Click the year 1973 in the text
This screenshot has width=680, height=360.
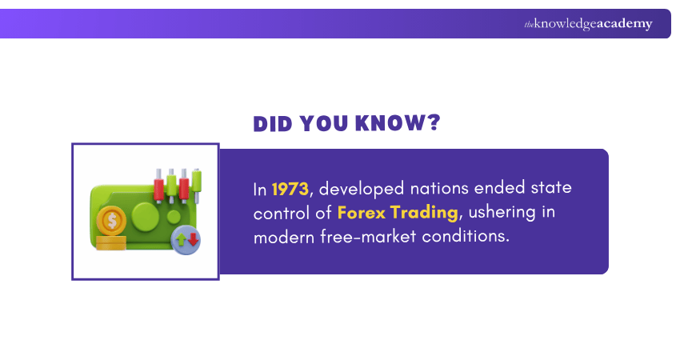coord(290,190)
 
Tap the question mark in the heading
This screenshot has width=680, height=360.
coord(433,124)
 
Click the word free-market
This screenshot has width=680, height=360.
coord(384,238)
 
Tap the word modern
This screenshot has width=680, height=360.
coord(282,238)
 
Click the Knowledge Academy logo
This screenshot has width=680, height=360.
coord(588,24)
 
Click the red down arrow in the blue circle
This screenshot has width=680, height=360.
coord(192,238)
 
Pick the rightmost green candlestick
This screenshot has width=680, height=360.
coord(197,183)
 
